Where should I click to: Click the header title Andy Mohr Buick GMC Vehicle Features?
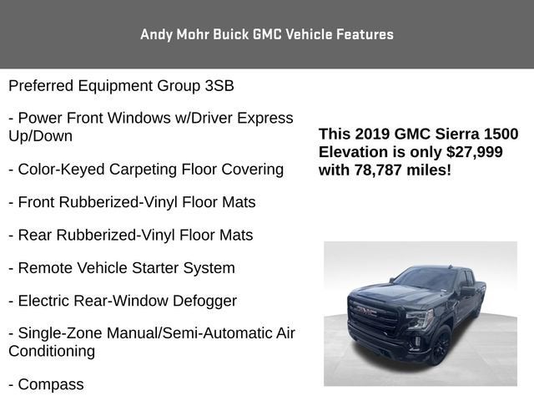(267, 34)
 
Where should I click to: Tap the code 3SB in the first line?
(218, 85)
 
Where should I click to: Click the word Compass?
(51, 384)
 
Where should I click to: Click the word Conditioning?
(52, 351)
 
